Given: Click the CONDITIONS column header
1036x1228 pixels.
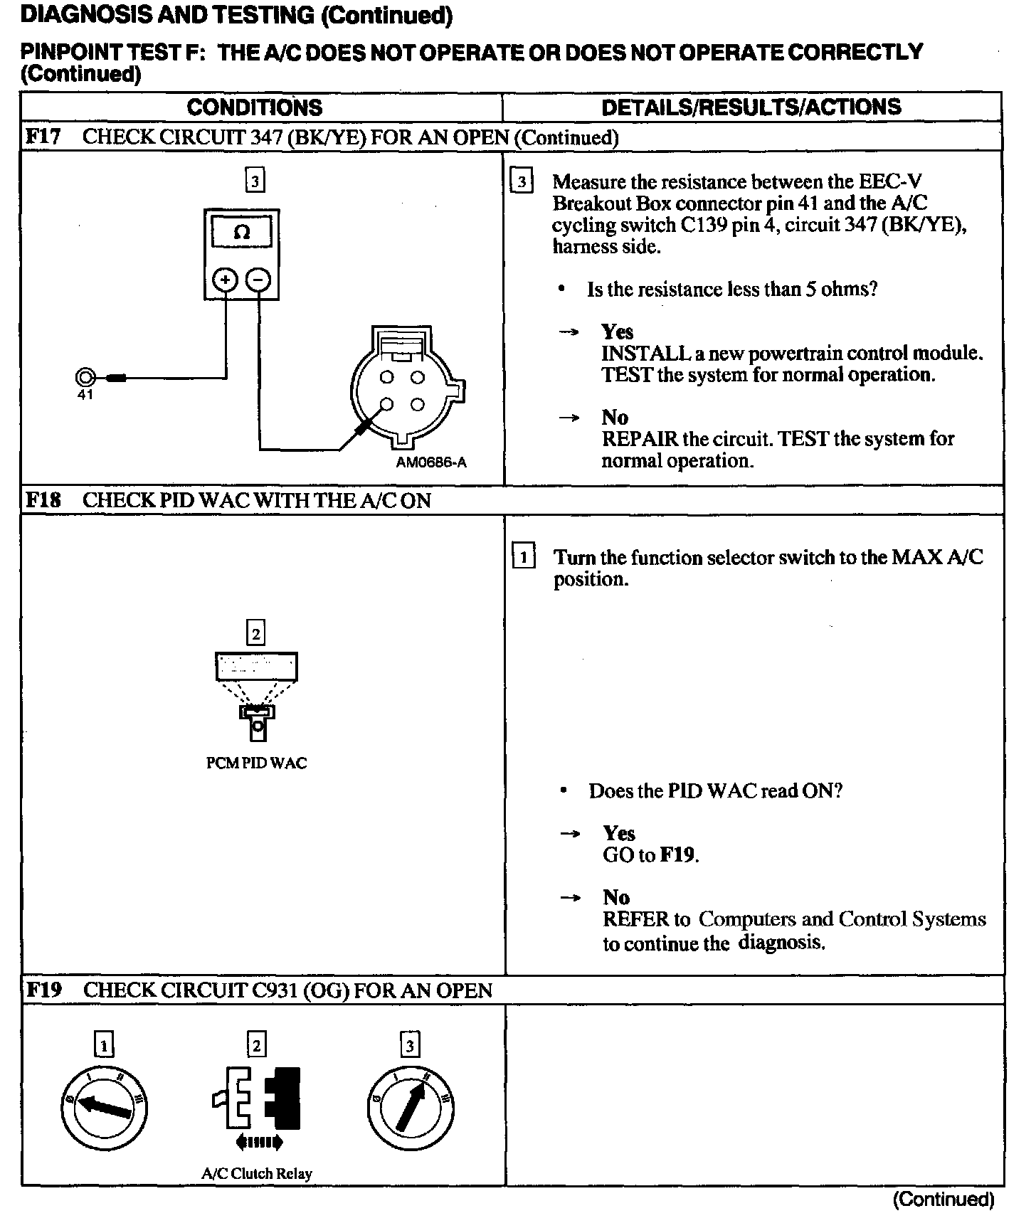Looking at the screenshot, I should [254, 107].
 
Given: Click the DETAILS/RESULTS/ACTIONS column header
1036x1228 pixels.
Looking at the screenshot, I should [751, 107].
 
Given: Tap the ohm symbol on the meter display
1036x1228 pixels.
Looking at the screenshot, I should [242, 233].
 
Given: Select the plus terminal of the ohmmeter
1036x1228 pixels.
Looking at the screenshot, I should [225, 280].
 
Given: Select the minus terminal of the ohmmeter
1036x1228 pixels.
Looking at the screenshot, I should [258, 280].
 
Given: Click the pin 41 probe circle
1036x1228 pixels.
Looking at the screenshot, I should [85, 377].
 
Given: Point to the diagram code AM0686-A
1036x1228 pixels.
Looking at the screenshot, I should [431, 462].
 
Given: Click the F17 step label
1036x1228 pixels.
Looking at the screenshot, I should [43, 137].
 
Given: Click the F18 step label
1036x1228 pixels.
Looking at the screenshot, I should [43, 500].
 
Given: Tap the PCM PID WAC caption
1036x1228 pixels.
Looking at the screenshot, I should [256, 763].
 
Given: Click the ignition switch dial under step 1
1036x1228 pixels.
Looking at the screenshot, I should [105, 1108].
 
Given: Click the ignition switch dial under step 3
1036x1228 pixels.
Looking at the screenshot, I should [411, 1108].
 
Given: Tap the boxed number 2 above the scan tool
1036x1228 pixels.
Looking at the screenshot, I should [255, 632].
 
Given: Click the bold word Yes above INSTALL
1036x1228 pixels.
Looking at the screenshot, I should [617, 332].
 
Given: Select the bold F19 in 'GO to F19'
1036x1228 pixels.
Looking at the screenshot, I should [678, 854].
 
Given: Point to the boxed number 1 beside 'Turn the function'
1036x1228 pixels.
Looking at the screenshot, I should [524, 556].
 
